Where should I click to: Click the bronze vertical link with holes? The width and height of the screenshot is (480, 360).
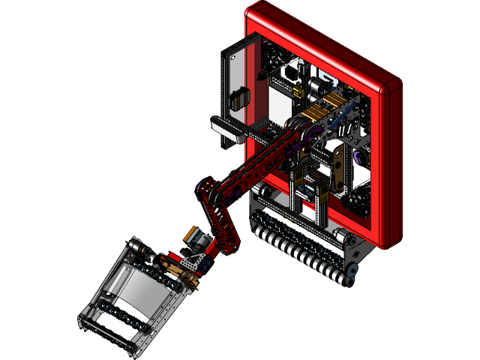click(x=339, y=169)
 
